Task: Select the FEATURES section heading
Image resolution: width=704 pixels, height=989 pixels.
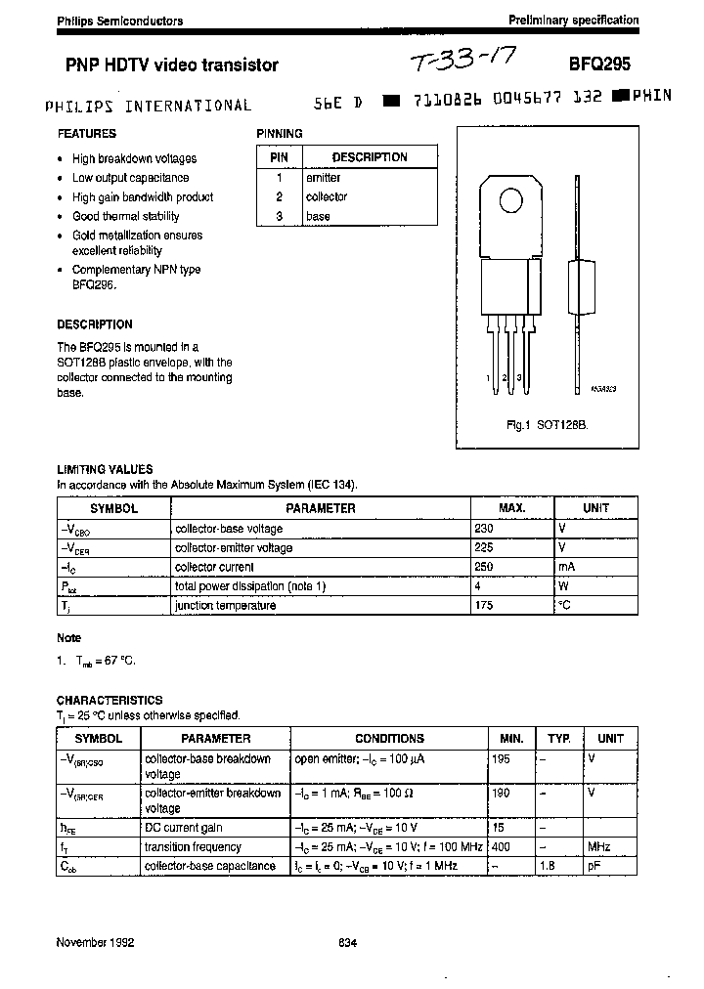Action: pos(86,134)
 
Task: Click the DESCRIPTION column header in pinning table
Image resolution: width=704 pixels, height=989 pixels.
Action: pos(370,157)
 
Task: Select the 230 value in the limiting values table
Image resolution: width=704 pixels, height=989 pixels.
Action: pos(484,529)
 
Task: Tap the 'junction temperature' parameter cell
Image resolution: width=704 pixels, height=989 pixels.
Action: pos(225,606)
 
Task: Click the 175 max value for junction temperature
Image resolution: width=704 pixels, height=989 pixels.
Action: pos(484,606)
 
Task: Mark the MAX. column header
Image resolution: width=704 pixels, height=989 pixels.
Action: pos(511,508)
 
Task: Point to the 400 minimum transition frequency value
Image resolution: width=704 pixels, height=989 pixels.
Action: pos(501,847)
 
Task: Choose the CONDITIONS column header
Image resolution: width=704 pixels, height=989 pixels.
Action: pos(389,739)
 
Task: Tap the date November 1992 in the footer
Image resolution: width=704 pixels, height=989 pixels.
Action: pos(95,943)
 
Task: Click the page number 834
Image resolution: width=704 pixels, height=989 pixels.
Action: pos(347,943)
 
